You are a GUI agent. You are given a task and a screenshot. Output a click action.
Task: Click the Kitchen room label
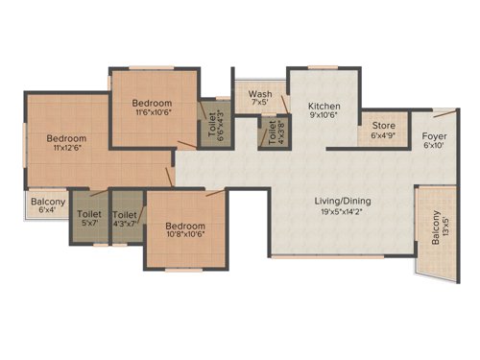point(324,106)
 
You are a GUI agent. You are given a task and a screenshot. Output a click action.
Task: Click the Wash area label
point(258,94)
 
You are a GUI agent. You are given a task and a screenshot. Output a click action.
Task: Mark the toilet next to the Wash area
point(273,132)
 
